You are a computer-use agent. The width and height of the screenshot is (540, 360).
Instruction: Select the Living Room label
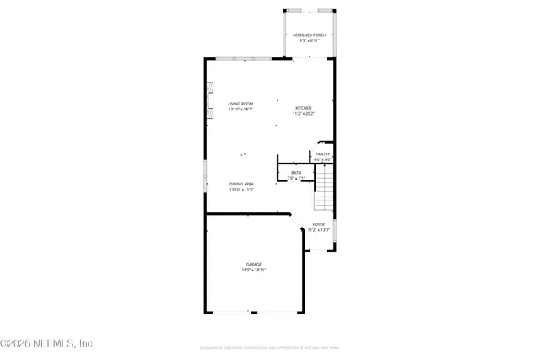point(240,104)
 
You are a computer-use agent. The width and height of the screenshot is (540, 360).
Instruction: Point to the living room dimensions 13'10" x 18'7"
point(240,110)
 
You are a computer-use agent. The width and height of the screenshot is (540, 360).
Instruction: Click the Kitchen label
point(303,107)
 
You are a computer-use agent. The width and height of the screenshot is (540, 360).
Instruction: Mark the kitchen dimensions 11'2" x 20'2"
point(303,113)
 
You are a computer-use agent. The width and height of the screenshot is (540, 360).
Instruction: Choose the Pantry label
point(322,153)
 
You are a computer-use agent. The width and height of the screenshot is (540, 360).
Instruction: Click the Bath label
point(296,173)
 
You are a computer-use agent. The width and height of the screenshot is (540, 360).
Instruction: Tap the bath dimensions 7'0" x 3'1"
point(296,178)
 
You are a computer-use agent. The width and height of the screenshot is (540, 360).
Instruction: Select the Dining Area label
point(241,184)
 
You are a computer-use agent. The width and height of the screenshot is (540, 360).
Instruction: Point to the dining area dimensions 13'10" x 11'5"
point(241,190)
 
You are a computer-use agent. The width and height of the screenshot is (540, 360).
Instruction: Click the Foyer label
point(318,224)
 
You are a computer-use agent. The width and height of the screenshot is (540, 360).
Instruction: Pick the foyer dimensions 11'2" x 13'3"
point(318,229)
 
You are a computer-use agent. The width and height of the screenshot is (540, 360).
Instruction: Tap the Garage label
point(254,265)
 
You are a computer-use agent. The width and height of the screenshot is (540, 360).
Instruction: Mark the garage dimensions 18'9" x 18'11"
point(254,270)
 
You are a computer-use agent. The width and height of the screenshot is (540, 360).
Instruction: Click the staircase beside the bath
point(325,188)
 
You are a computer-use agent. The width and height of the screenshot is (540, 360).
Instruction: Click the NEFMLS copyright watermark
point(46,343)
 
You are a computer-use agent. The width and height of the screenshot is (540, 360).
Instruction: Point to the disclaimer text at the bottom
point(269,347)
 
